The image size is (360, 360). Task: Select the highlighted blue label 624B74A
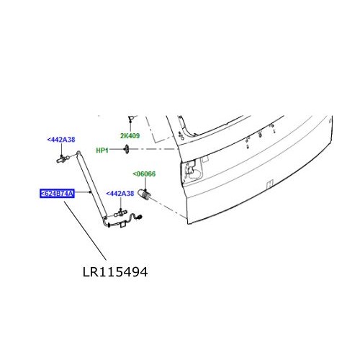(x=60, y=194)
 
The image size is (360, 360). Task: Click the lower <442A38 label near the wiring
(x=120, y=194)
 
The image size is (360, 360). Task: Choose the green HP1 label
(x=102, y=150)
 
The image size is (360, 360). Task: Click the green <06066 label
(x=143, y=174)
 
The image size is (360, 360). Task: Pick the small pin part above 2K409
(x=130, y=119)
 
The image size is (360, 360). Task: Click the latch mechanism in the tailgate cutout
(x=193, y=171)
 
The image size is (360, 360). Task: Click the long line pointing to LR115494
(x=85, y=230)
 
